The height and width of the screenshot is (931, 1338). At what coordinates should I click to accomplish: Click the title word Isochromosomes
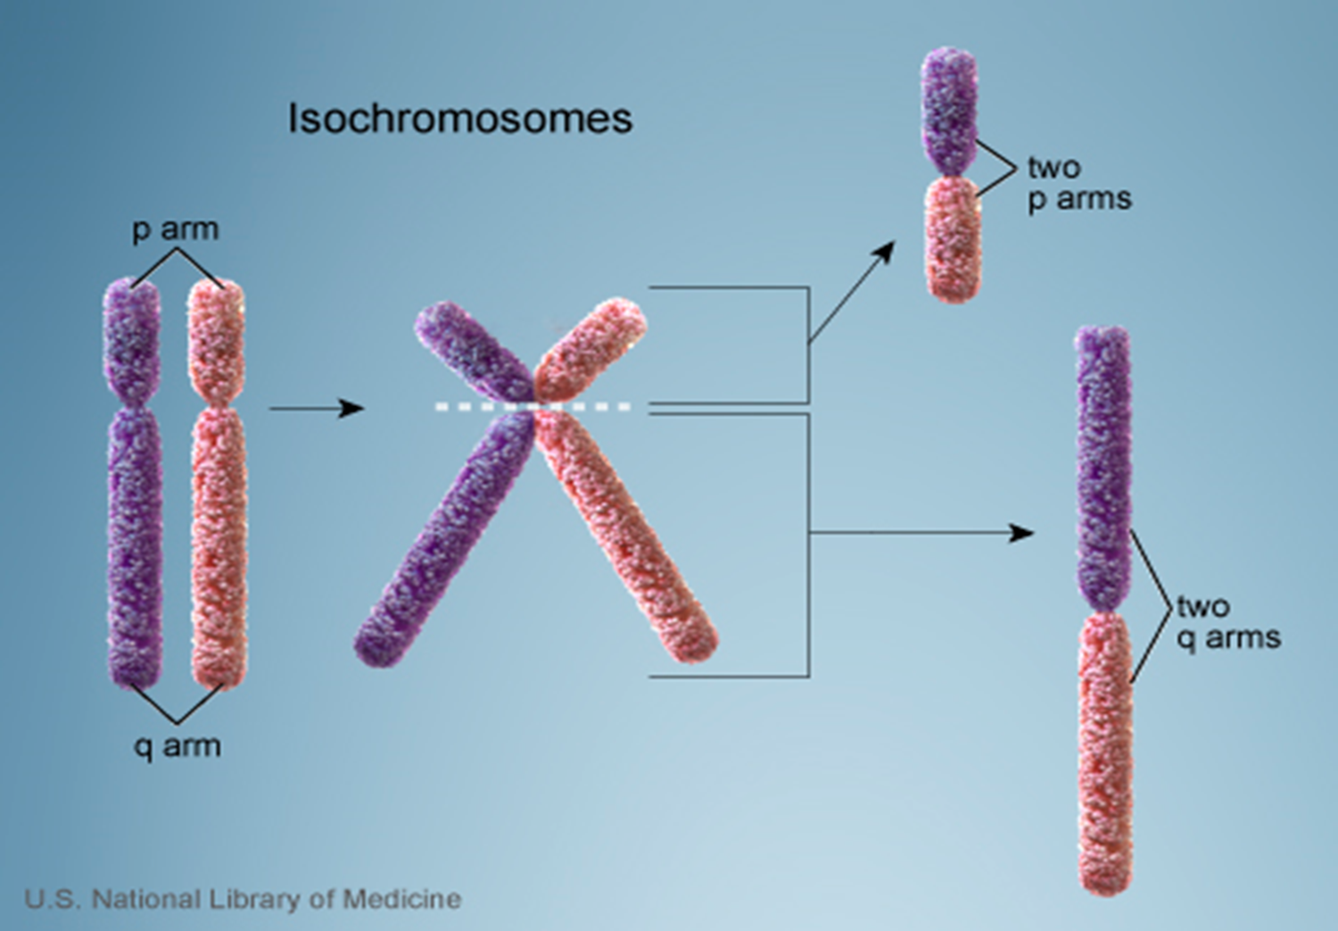459,119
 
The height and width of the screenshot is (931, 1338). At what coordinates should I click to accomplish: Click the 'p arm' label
176,229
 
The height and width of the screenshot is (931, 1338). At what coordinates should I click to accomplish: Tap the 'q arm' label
177,745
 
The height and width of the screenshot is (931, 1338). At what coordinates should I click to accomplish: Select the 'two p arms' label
1078,182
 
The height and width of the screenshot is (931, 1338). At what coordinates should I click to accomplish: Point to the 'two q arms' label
1227,621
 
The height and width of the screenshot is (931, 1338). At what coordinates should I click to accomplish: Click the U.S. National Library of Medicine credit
243,899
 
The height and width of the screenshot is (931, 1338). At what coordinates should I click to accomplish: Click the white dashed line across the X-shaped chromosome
533,407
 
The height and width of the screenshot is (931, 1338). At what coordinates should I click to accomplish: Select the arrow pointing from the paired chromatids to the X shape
317,409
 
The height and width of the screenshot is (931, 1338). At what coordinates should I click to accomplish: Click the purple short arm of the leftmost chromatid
132,339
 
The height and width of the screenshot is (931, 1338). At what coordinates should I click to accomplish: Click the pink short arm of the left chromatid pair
216,339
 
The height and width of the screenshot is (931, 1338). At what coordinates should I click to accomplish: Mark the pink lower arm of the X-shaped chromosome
629,540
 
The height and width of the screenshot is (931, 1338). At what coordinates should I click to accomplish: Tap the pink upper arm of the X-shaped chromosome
591,348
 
